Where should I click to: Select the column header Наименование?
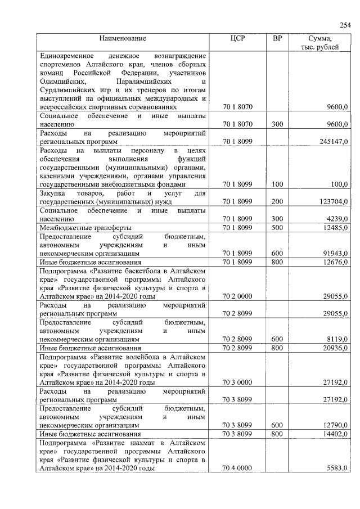pos(123,39)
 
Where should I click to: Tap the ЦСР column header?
pos(237,39)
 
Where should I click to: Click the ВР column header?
pos(277,39)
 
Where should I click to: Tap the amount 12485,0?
pos(336,228)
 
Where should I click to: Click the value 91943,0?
pos(336,254)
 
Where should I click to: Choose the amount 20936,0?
pos(336,348)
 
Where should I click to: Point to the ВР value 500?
pos(277,228)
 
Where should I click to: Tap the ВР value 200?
pos(277,201)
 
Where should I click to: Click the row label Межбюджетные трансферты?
pos(84,228)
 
